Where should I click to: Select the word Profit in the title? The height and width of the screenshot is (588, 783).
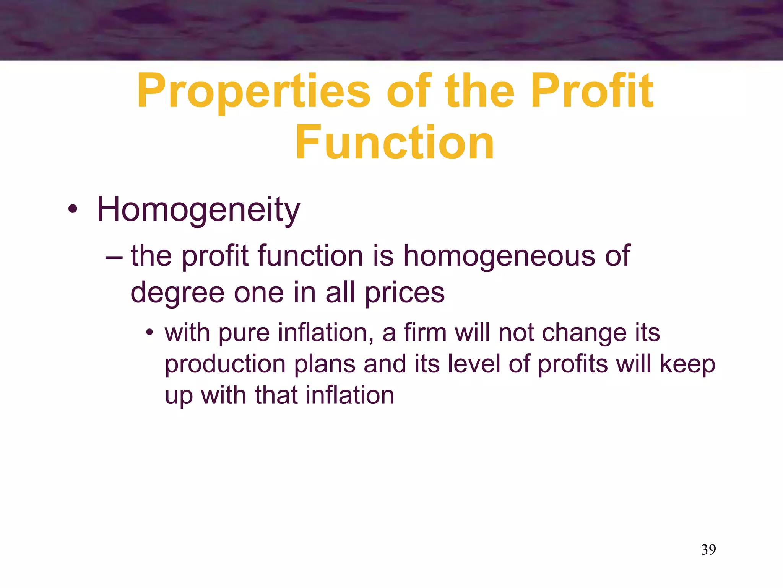coord(592,91)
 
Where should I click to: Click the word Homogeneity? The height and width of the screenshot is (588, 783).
coord(198,210)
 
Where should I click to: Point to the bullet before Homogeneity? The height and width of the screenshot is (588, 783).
coord(73,210)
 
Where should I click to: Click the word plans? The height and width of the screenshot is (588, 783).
coord(325,364)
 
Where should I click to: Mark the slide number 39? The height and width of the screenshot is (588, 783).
coord(708,550)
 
